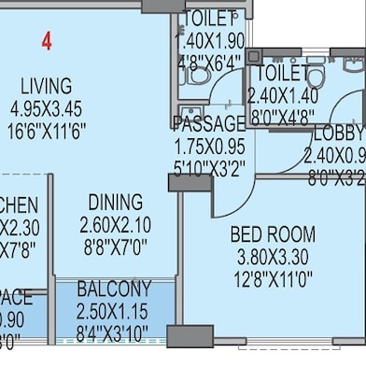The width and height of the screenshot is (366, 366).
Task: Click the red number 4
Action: tap(46, 41)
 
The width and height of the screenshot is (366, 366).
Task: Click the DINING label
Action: tap(116, 203)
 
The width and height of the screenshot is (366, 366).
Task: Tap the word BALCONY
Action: tap(114, 289)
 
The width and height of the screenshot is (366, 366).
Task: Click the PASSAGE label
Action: tap(209, 124)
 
